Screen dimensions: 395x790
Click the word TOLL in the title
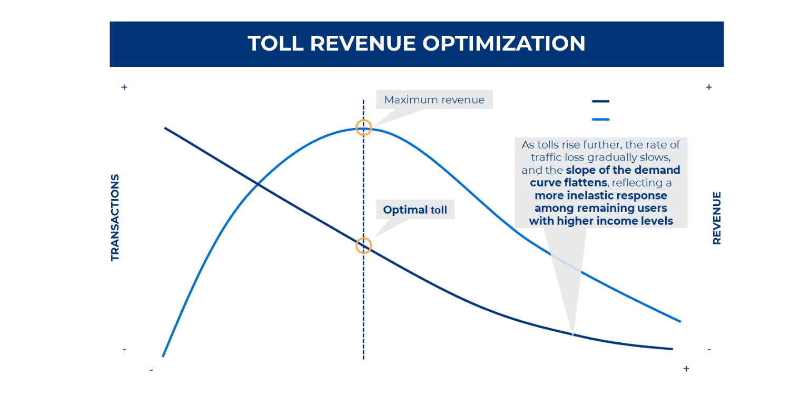(275, 43)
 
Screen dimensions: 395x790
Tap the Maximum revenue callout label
(434, 100)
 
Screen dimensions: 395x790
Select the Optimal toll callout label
(415, 210)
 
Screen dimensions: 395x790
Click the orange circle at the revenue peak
(363, 127)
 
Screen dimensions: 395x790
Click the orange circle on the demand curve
(363, 245)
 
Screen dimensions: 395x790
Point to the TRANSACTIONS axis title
(115, 218)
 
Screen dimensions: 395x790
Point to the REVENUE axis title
(716, 218)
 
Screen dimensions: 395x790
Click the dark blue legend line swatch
(600, 101)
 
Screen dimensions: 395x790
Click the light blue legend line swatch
(600, 120)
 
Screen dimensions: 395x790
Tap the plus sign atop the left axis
(124, 87)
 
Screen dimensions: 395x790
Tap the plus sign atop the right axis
(709, 87)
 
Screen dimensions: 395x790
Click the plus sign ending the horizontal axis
(686, 369)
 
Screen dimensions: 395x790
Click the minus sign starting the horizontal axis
(151, 370)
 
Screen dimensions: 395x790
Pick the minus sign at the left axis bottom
(124, 350)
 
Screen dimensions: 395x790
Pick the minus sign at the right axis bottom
(709, 350)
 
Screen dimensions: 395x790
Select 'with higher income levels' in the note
(601, 221)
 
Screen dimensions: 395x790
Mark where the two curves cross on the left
(257, 184)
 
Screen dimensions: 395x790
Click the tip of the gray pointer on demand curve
(572, 334)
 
